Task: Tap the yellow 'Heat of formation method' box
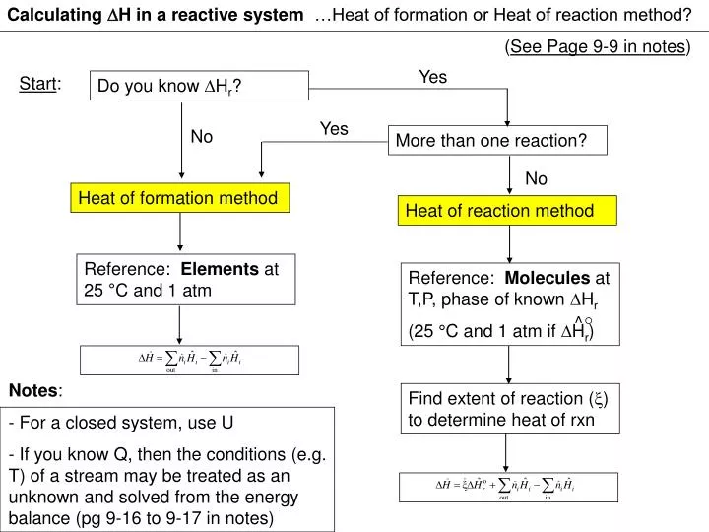click(x=178, y=198)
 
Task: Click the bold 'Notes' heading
click(x=34, y=390)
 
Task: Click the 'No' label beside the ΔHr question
click(x=202, y=137)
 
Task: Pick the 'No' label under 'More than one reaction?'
click(x=536, y=178)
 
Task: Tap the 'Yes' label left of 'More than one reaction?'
click(x=334, y=129)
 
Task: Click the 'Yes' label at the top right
click(x=433, y=78)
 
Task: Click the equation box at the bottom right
click(x=510, y=487)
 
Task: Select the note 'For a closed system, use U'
click(x=122, y=424)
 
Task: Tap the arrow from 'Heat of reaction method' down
click(x=508, y=243)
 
